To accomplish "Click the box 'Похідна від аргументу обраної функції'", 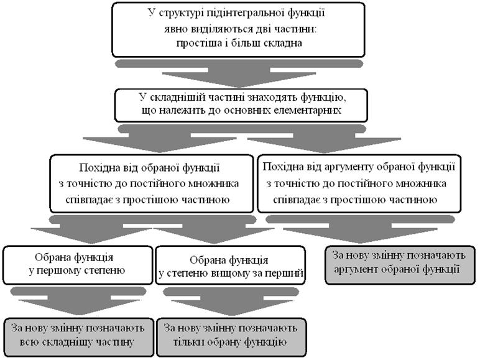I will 359,183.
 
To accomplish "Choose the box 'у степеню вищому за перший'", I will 231,265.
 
